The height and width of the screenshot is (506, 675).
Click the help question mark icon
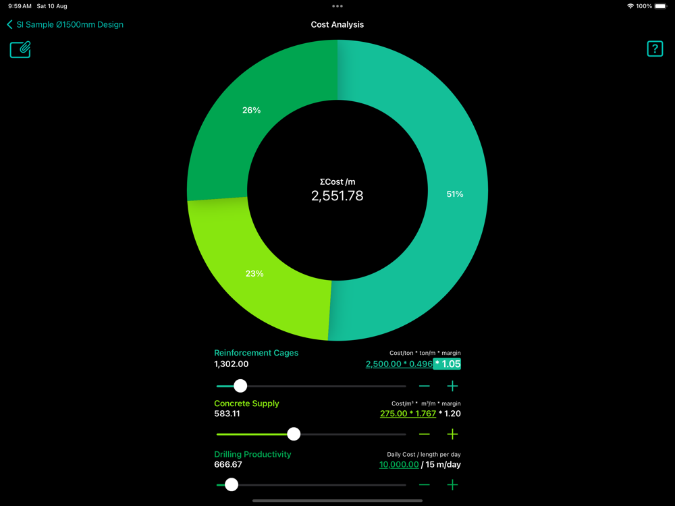(x=655, y=49)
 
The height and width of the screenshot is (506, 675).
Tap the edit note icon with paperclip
(x=20, y=49)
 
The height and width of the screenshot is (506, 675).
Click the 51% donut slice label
(x=455, y=194)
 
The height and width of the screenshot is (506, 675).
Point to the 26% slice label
(x=251, y=110)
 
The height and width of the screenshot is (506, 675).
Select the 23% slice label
(x=254, y=273)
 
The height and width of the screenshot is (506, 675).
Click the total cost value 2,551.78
(x=337, y=196)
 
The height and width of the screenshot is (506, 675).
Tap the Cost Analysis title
(x=337, y=24)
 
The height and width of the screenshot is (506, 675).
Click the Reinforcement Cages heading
(x=256, y=353)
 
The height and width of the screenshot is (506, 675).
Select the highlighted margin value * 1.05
(x=447, y=364)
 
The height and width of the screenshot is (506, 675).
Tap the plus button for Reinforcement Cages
(x=452, y=386)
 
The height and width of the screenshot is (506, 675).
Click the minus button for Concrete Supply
(x=424, y=434)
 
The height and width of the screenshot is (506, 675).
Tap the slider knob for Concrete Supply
(x=294, y=434)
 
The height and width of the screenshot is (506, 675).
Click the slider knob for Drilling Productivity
(x=232, y=484)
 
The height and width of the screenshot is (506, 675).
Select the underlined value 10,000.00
(x=399, y=464)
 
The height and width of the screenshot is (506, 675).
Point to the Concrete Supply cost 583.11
(x=227, y=414)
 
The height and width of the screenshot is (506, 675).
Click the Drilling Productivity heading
(x=252, y=454)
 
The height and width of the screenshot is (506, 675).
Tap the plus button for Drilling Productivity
(x=452, y=484)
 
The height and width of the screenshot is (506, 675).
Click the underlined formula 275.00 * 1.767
(x=408, y=414)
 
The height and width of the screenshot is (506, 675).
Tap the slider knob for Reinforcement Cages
(x=240, y=386)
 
